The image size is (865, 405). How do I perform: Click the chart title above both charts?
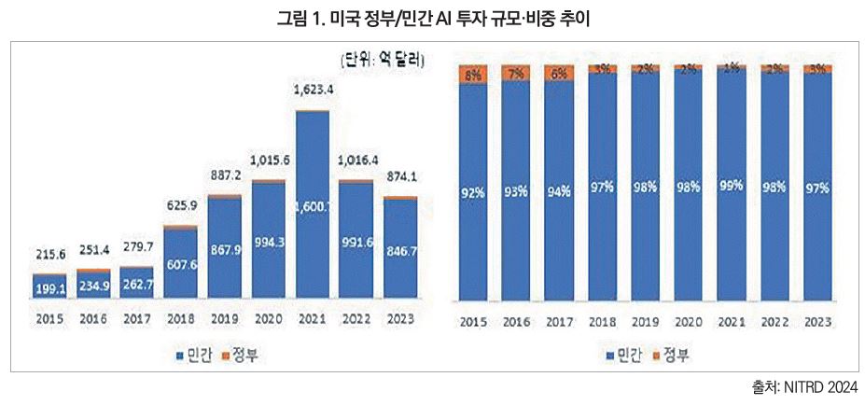432,18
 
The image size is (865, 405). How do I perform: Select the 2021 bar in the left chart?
313,205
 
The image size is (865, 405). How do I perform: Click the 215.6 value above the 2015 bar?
51,253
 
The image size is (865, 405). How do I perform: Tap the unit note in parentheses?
383,62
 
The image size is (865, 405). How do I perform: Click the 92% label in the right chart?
473,194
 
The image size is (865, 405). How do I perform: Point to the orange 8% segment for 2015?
473,72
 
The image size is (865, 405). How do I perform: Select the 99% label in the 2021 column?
731,186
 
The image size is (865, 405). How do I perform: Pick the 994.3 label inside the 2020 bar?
269,243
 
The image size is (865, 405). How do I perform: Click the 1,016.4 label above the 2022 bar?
356,160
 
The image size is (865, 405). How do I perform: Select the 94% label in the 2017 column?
559,192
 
